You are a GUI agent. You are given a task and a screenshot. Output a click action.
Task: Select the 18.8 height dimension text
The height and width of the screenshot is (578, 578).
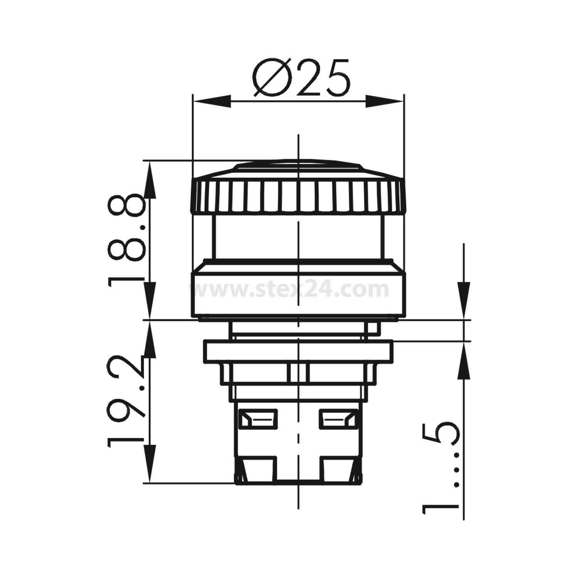[126, 239]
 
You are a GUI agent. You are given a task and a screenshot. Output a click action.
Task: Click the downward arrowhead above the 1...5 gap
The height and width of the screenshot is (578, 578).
[464, 303]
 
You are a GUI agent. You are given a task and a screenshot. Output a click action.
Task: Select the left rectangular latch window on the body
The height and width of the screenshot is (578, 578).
[257, 419]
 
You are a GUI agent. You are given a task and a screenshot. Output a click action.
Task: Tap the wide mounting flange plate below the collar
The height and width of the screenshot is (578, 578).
[299, 351]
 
